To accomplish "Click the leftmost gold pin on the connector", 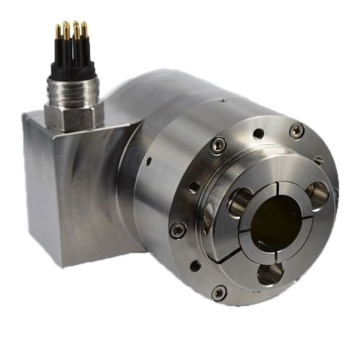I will (58, 32).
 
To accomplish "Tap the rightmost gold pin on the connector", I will (84, 30).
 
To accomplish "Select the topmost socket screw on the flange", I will (296, 130).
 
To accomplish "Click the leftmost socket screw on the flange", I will (177, 230).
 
